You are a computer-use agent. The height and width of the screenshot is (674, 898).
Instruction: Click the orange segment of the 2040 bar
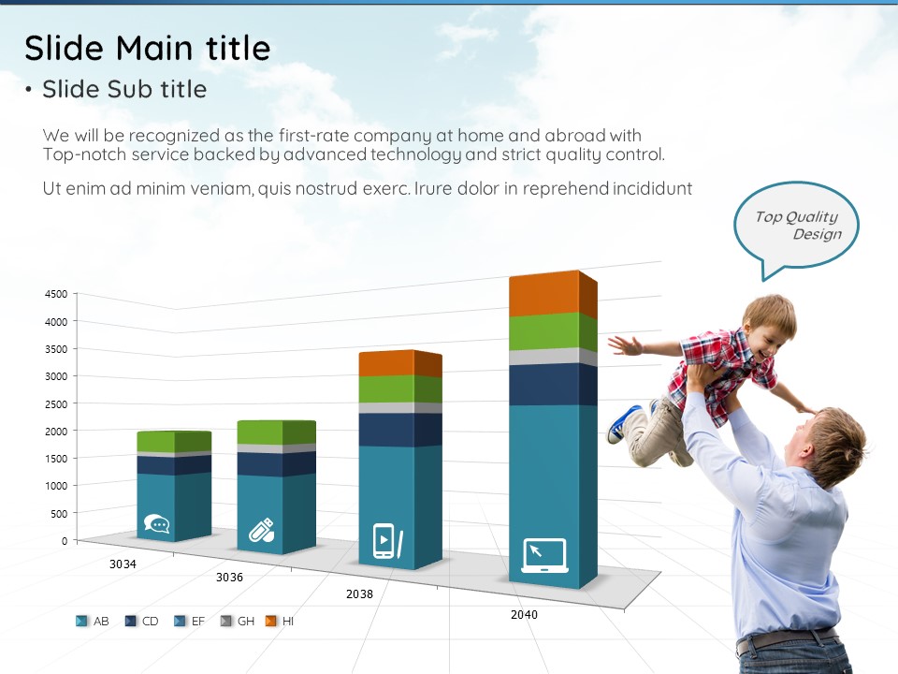553,293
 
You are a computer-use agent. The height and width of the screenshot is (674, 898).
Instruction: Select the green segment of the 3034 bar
174,442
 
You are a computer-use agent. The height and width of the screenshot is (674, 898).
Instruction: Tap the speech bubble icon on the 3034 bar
156,524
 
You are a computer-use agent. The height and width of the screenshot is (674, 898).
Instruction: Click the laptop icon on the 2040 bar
544,555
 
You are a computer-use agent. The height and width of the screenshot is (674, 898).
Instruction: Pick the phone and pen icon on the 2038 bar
387,540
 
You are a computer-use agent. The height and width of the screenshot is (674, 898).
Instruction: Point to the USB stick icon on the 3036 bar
261,530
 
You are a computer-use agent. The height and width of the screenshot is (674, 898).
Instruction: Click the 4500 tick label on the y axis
56,294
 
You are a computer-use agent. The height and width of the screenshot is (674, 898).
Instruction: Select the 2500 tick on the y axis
56,404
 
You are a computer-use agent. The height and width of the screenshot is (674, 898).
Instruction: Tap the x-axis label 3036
229,578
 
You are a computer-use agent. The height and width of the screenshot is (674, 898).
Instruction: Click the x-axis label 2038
359,594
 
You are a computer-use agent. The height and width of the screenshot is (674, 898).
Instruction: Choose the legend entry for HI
280,622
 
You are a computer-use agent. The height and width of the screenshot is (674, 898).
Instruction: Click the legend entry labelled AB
93,622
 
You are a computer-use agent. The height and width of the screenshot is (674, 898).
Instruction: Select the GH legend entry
238,622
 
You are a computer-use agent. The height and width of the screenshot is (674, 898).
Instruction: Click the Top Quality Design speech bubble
797,226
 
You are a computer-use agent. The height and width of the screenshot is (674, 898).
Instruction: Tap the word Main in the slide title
154,48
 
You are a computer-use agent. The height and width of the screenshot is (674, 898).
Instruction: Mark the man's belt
788,639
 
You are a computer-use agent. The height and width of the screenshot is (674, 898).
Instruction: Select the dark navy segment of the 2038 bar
400,430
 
